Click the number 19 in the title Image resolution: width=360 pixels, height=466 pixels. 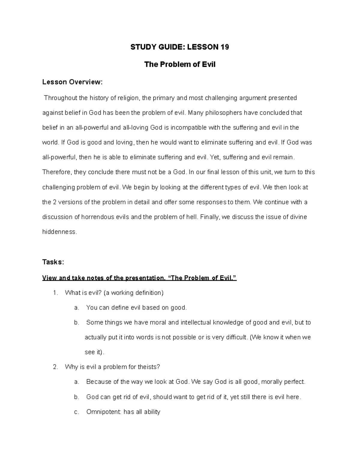click(x=224, y=47)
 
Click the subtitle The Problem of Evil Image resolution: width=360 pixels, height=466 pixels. click(x=180, y=65)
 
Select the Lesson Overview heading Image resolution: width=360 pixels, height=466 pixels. click(x=72, y=82)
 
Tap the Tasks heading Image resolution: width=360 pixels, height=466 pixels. click(x=53, y=262)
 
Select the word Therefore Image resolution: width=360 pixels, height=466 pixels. click(x=56, y=172)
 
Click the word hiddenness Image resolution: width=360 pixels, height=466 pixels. click(x=59, y=232)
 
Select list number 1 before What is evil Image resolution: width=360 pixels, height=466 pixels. click(x=55, y=293)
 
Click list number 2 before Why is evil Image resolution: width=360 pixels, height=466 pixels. click(x=55, y=367)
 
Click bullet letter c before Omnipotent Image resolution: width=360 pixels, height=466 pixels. click(x=76, y=412)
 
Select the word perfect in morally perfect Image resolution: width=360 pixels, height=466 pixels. click(x=295, y=382)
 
